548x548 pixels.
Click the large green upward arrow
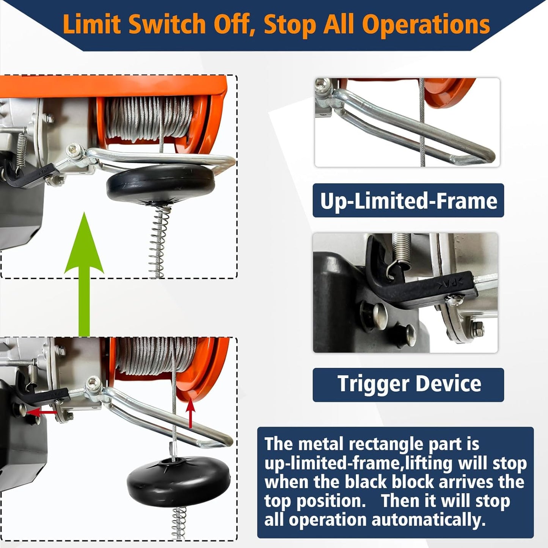click(x=84, y=275)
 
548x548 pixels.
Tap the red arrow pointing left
click(x=42, y=412)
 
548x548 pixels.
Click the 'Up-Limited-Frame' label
click(x=408, y=201)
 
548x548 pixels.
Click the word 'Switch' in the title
click(x=166, y=24)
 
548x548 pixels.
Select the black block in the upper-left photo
click(x=161, y=184)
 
